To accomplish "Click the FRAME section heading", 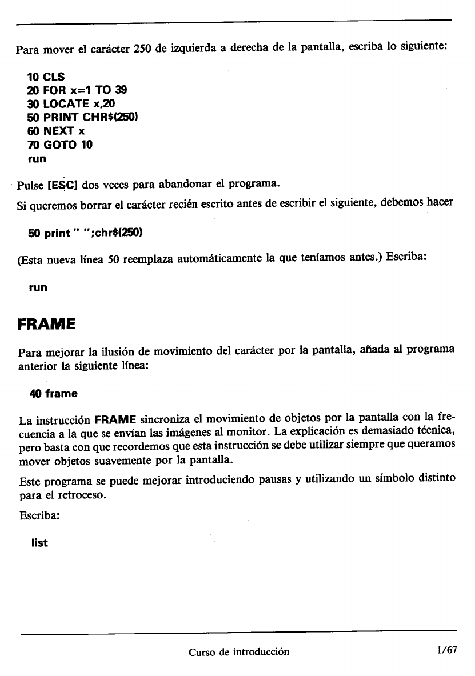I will (x=46, y=324).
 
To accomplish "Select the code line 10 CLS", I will (x=46, y=77).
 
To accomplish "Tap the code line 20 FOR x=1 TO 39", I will (x=77, y=90).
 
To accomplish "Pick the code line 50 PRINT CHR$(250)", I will (x=84, y=118).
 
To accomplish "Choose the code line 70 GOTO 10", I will (x=60, y=145).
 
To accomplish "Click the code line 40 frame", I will (x=53, y=394).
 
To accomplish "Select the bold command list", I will (x=40, y=543).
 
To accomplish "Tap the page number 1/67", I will (x=446, y=651).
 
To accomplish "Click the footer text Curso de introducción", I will (x=239, y=651).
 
